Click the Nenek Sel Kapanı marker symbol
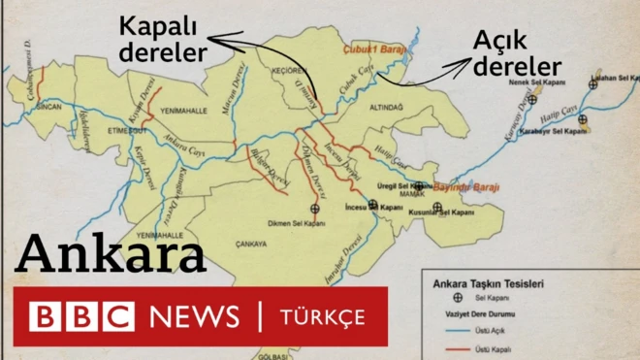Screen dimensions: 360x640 tap(531, 99)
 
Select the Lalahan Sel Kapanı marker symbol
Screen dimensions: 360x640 tap(592, 84)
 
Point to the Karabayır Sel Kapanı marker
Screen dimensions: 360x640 tap(583, 119)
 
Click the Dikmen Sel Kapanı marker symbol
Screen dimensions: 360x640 tap(313, 208)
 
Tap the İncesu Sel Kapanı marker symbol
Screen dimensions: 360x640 tap(372, 203)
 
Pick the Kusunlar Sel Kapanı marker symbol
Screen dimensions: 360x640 tap(437, 207)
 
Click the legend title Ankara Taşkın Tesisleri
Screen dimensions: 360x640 tap(487, 284)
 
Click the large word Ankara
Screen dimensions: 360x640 tap(112, 256)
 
